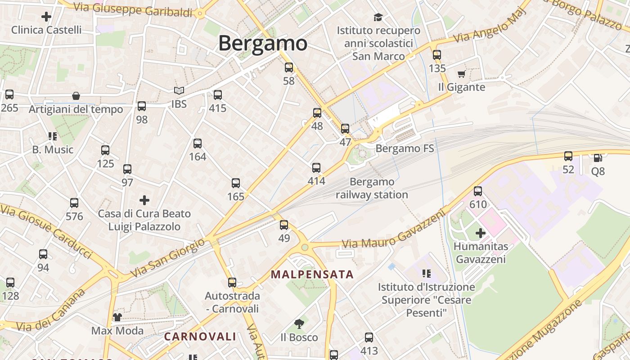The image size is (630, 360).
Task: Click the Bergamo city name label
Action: [x=263, y=44]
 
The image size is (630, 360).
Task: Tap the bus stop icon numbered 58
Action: [x=289, y=67]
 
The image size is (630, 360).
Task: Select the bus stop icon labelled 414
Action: [x=316, y=168]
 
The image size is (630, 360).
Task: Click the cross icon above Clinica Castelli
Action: [x=46, y=17]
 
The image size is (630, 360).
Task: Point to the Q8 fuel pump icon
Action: [x=598, y=157]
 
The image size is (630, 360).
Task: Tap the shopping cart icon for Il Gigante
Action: [x=461, y=74]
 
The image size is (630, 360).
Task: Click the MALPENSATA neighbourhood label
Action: [x=312, y=274]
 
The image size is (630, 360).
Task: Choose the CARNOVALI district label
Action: [x=200, y=336]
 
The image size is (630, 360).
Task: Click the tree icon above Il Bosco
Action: [x=299, y=324]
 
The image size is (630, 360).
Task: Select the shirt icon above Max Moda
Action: [x=117, y=317]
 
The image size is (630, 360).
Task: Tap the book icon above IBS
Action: [x=179, y=90]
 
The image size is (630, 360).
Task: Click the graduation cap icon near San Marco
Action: [x=378, y=17]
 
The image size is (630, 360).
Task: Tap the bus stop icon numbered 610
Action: [x=478, y=191]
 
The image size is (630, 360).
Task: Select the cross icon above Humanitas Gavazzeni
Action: [x=481, y=233]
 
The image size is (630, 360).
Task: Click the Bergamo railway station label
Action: [x=372, y=188]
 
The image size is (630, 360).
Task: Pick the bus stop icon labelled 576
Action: [x=74, y=203]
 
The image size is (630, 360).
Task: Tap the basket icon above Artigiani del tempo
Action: [x=76, y=96]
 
